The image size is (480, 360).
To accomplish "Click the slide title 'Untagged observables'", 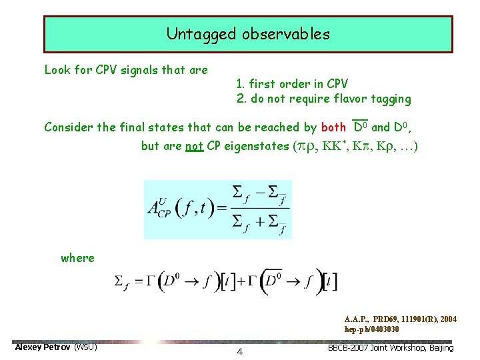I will click(x=248, y=34).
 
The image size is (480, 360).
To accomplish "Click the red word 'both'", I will click(x=333, y=127).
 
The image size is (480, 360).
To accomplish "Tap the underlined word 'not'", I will click(x=193, y=145).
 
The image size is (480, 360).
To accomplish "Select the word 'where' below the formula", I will click(x=77, y=257).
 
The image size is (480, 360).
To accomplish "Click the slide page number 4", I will click(x=239, y=351).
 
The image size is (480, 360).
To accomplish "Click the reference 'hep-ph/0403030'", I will click(x=372, y=329).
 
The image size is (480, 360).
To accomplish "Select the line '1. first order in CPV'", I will click(x=292, y=84).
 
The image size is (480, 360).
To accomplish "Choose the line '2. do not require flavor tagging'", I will click(x=324, y=99).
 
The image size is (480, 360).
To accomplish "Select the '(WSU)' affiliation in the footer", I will click(x=85, y=347).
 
